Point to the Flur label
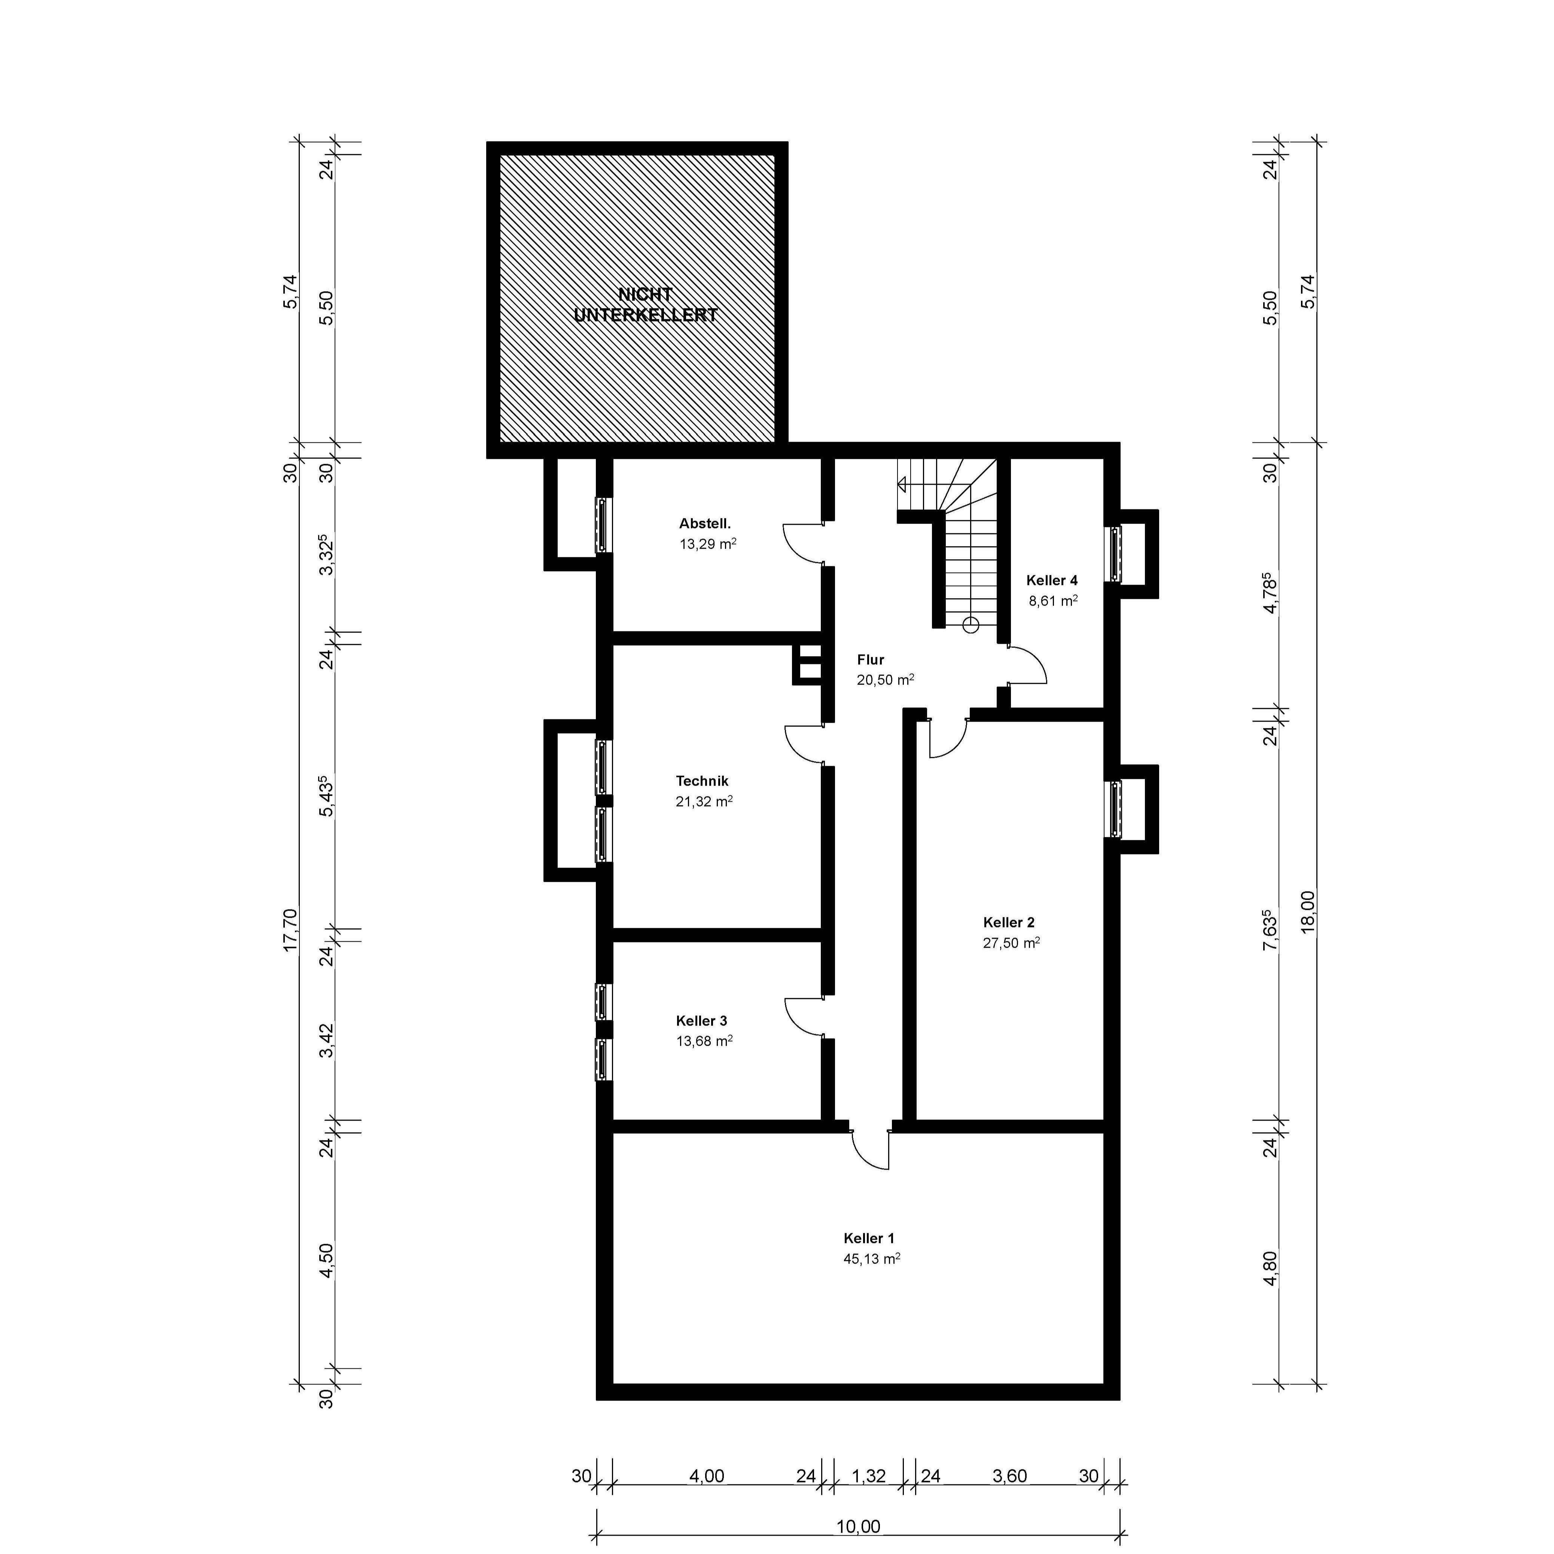pos(870,659)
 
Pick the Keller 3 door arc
pos(802,1018)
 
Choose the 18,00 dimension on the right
pos(1308,911)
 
